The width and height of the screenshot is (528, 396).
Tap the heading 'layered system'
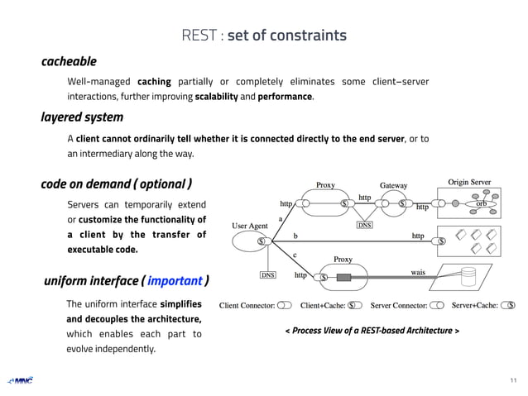click(x=82, y=117)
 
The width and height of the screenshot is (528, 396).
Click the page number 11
click(x=513, y=380)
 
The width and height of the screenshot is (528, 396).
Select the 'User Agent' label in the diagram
click(x=250, y=225)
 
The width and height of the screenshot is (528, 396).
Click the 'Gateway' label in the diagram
click(x=394, y=185)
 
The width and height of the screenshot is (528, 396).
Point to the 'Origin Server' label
click(x=469, y=182)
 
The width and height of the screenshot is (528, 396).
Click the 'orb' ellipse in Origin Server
click(x=482, y=203)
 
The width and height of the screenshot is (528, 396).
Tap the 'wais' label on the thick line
click(x=418, y=271)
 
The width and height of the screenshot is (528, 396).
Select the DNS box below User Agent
click(x=268, y=274)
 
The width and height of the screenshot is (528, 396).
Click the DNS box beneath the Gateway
click(x=365, y=224)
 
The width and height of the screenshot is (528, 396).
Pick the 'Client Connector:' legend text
click(x=247, y=305)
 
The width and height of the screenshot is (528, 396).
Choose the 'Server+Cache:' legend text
click(x=474, y=305)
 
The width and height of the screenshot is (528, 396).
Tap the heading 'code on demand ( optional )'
click(x=117, y=184)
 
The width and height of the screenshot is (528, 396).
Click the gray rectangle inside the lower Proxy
click(x=343, y=277)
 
